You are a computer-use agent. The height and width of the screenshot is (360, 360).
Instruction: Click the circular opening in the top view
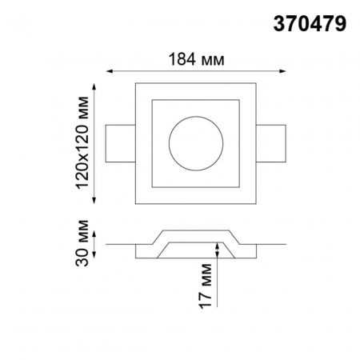tap(195, 142)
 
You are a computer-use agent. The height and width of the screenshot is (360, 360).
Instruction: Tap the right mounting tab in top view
tap(270, 142)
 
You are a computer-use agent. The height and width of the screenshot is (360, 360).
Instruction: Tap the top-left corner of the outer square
tap(136, 82)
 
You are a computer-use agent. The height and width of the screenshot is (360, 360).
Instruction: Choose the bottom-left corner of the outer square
tap(136, 203)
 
